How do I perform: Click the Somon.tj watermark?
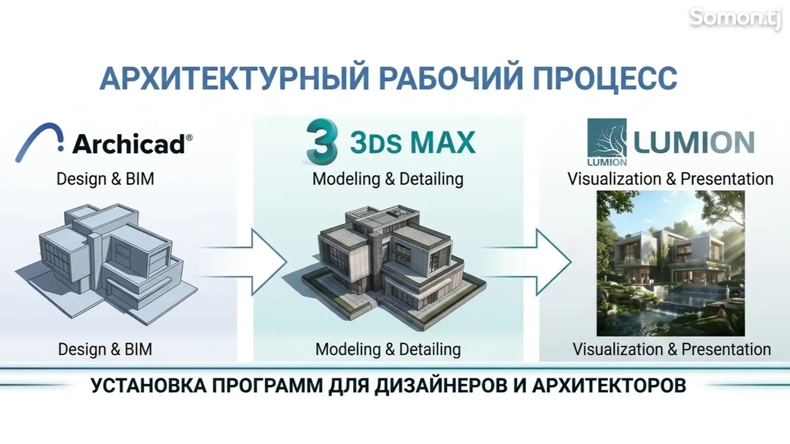pyautogui.click(x=735, y=18)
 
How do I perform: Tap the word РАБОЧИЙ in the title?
pyautogui.click(x=451, y=79)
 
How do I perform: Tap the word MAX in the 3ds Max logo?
pyautogui.click(x=442, y=142)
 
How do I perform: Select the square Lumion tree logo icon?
pyautogui.click(x=607, y=142)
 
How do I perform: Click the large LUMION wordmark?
pyautogui.click(x=694, y=142)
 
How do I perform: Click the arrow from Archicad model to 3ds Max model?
pyautogui.click(x=243, y=262)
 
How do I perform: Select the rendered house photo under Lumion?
pyautogui.click(x=671, y=263)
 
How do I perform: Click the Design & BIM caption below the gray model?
pyautogui.click(x=105, y=349)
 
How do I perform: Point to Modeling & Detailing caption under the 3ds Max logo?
pyautogui.click(x=388, y=179)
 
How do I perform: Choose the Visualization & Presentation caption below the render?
pyautogui.click(x=671, y=349)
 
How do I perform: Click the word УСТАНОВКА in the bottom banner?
pyautogui.click(x=149, y=385)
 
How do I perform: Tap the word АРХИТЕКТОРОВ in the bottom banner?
pyautogui.click(x=609, y=385)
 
